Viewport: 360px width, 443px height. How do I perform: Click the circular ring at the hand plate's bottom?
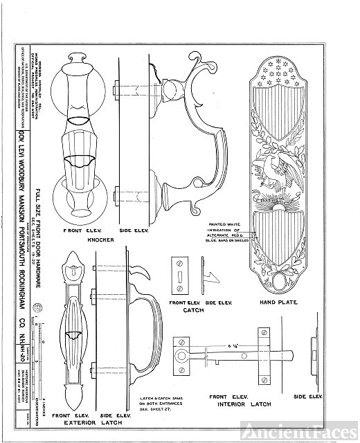[280, 282]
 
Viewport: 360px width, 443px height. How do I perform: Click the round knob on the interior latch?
[184, 361]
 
